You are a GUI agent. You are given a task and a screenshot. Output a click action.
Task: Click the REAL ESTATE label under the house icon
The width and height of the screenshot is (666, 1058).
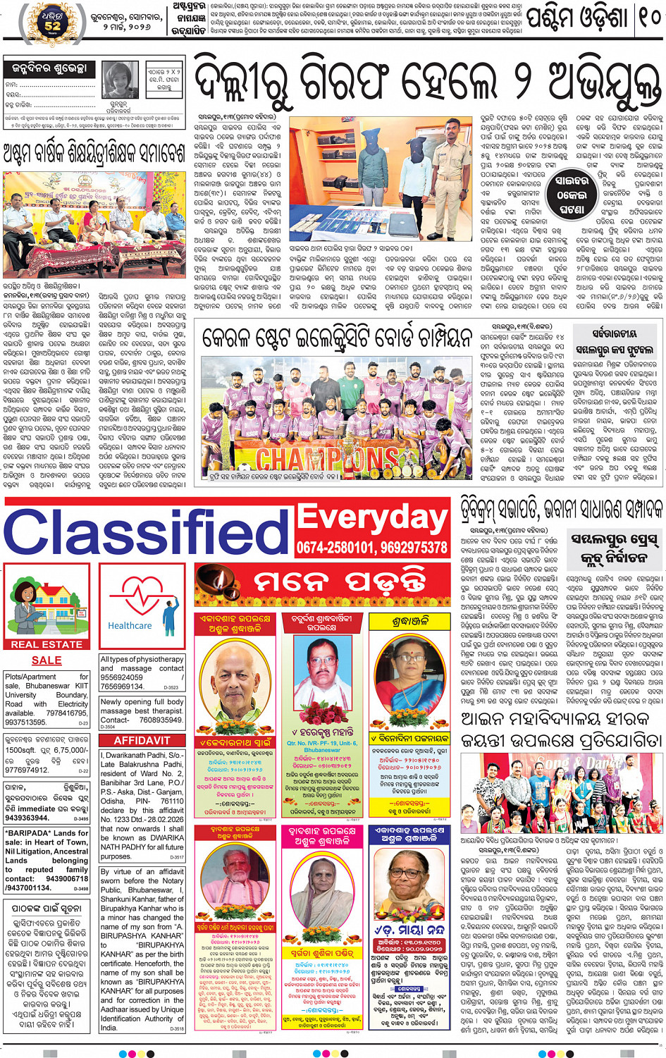(x=47, y=644)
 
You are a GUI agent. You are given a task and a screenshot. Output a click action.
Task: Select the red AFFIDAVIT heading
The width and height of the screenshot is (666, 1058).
(x=142, y=740)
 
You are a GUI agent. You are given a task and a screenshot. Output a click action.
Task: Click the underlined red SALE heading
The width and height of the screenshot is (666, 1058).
(x=47, y=660)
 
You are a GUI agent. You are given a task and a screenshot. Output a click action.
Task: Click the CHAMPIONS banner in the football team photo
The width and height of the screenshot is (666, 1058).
(x=328, y=459)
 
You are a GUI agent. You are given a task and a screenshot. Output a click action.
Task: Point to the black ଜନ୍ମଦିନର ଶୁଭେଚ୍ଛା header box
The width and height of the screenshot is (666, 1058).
(x=49, y=69)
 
